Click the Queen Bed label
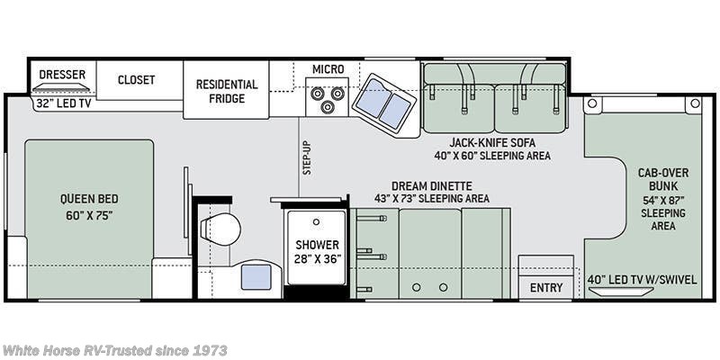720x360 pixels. point(89,199)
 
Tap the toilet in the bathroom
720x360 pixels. point(220,229)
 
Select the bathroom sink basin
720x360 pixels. point(256,277)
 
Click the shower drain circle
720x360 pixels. point(316,221)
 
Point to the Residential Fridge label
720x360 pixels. point(227,92)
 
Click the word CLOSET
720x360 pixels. point(137,80)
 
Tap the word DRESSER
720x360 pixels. point(62,75)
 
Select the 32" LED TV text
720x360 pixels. point(64,103)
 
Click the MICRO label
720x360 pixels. point(328,69)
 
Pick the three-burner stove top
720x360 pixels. point(327,97)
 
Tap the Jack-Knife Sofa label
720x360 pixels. point(492,142)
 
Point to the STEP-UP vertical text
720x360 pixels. point(307,157)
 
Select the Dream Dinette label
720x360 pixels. point(432,186)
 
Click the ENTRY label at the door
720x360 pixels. point(546,288)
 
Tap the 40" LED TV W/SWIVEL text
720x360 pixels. point(642,280)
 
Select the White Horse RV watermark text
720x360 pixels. point(114,351)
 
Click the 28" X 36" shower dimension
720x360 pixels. point(318,258)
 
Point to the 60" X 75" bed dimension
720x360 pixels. point(89,215)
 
